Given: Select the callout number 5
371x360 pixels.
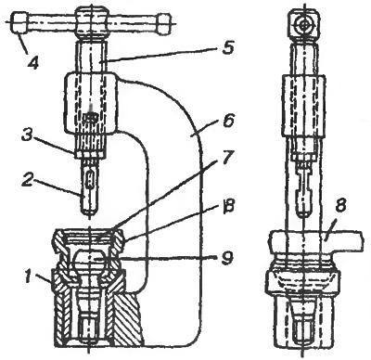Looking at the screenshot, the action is pyautogui.click(x=226, y=47).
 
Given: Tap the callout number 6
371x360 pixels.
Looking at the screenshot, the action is pyautogui.click(x=228, y=122).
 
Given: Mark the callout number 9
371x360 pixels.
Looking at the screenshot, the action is pyautogui.click(x=227, y=259).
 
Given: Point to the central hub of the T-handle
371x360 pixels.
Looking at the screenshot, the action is pyautogui.click(x=92, y=23).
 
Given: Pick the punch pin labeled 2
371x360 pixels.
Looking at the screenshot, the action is pyautogui.click(x=90, y=189).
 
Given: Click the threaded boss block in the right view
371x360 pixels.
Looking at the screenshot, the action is pyautogui.click(x=303, y=106).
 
